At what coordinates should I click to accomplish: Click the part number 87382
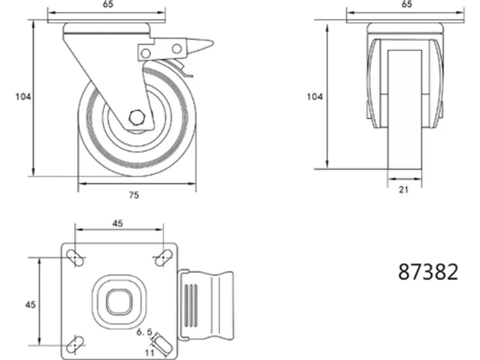(x=428, y=272)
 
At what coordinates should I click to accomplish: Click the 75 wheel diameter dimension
(x=134, y=195)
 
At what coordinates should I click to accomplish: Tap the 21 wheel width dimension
(x=403, y=190)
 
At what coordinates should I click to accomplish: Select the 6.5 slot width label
(x=144, y=332)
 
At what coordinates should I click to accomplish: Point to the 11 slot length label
(x=150, y=352)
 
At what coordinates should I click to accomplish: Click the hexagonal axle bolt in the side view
(x=137, y=118)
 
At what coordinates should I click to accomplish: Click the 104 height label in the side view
(x=23, y=97)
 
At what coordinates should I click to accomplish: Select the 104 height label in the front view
(x=315, y=97)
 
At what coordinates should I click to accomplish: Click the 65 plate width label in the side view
(x=108, y=4)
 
